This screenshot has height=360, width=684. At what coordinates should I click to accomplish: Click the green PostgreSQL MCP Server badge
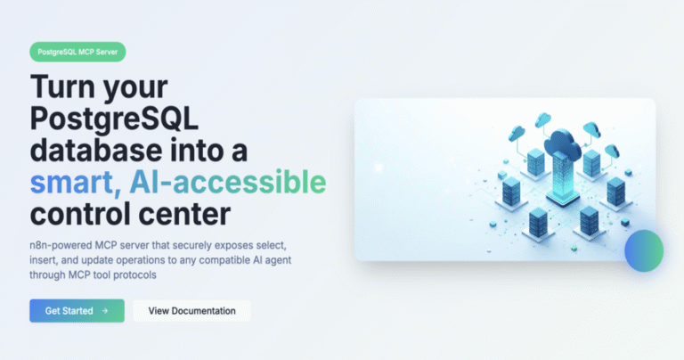click(77, 52)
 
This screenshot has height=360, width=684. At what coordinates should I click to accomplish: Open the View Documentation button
click(192, 311)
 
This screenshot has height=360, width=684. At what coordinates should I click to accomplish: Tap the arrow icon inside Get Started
click(105, 311)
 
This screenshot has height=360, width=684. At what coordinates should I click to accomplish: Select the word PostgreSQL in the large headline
click(114, 119)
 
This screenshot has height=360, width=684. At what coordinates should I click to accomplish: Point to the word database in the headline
click(95, 150)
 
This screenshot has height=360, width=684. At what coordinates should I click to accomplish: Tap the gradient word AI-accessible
click(228, 182)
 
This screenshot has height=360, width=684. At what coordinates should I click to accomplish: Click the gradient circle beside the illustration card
click(644, 250)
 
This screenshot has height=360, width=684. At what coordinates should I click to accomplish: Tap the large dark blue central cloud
click(562, 143)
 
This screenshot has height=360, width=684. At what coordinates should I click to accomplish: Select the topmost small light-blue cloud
click(543, 119)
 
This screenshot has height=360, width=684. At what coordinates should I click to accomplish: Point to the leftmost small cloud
click(517, 133)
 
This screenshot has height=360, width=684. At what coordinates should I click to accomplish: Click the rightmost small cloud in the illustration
click(612, 151)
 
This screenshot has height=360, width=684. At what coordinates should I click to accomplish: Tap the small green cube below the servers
click(574, 249)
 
